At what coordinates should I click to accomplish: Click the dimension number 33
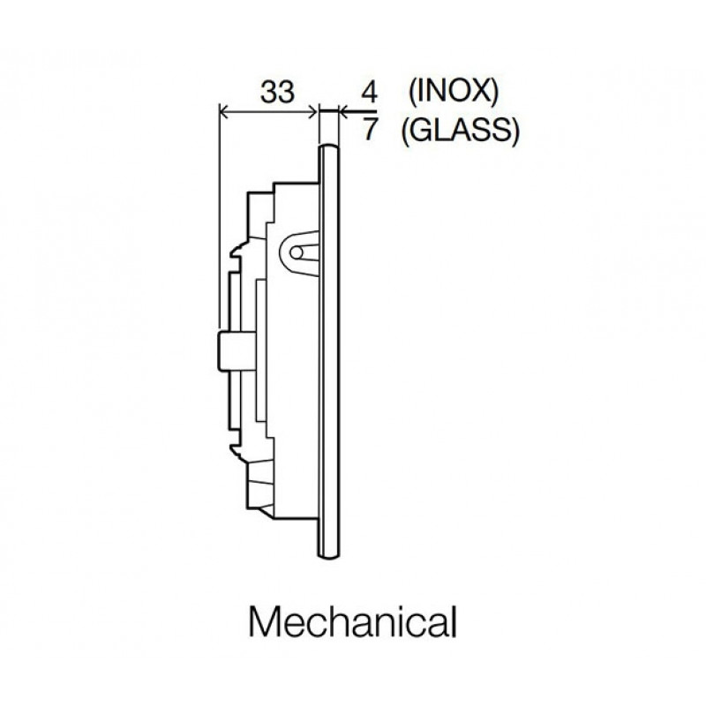click(277, 92)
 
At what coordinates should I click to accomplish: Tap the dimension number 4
click(369, 93)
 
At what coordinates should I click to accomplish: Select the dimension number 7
click(370, 129)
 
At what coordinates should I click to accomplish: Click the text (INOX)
click(454, 93)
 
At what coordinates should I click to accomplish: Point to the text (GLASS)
click(461, 131)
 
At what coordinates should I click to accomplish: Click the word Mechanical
click(352, 622)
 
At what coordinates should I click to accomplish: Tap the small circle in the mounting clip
click(297, 252)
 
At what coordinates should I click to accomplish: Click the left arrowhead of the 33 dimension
click(224, 112)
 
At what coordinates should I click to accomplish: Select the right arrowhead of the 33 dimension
click(312, 112)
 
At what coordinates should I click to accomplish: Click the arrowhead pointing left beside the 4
click(344, 111)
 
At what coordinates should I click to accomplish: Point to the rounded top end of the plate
click(328, 147)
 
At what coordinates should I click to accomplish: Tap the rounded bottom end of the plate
click(328, 555)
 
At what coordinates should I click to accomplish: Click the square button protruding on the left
click(237, 351)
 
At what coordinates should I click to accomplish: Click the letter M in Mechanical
click(263, 622)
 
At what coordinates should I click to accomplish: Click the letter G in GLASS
click(421, 131)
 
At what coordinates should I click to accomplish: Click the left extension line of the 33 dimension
click(219, 216)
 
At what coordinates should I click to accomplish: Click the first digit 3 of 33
click(269, 92)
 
